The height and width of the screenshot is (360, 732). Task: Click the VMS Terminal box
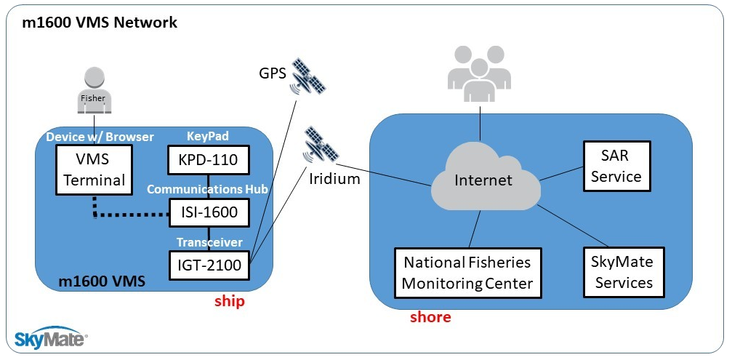point(94,169)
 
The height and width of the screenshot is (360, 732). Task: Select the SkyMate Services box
point(624,272)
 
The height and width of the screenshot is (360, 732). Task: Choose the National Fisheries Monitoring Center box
point(467,273)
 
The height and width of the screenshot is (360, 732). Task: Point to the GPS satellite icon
point(308,77)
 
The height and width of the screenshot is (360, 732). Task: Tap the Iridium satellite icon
point(320,145)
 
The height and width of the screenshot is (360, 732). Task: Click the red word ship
point(229,301)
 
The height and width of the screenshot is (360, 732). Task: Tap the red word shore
point(430,317)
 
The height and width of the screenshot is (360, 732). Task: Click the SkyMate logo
point(51,337)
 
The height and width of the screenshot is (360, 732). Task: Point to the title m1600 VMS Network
point(100,23)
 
